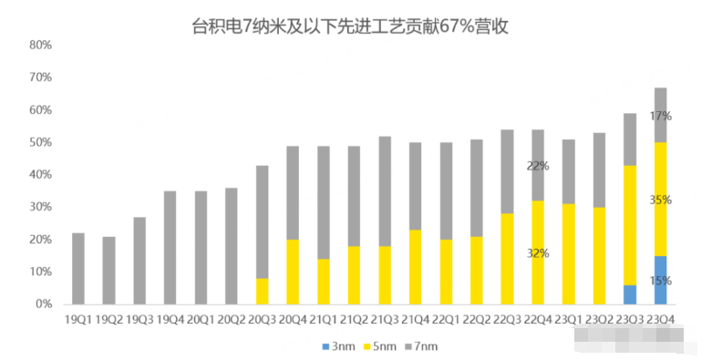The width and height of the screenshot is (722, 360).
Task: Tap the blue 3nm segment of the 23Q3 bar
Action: click(629, 294)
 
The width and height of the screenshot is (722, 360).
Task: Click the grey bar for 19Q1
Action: click(78, 269)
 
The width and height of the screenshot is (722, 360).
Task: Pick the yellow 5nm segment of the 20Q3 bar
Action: click(262, 292)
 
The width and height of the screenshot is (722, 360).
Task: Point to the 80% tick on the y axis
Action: click(40, 45)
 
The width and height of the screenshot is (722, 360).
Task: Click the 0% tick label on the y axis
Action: click(44, 304)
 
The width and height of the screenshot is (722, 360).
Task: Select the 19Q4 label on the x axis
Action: click(170, 320)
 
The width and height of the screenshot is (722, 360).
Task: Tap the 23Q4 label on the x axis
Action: click(660, 320)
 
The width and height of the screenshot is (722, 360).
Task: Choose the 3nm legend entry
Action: click(340, 346)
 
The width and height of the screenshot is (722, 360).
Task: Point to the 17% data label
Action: click(661, 116)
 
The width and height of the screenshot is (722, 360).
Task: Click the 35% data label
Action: click(661, 199)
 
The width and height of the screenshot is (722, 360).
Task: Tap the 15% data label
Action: click(661, 281)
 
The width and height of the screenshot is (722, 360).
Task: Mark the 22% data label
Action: click(538, 165)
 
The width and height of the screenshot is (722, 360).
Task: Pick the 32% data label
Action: click(538, 253)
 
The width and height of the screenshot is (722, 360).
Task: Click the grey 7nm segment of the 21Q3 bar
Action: click(385, 191)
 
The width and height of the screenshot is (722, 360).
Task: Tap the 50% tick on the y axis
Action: click(40, 142)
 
